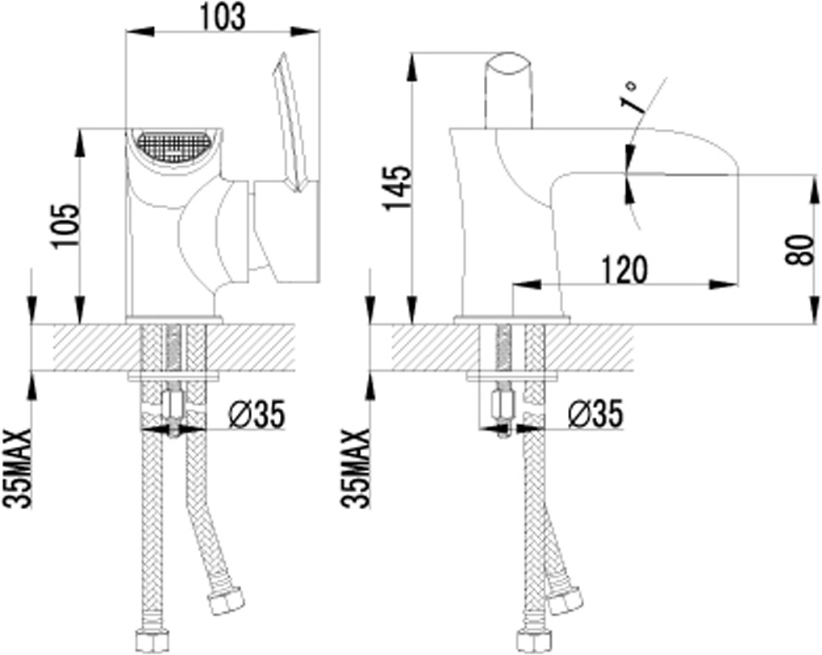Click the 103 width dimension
point(222,17)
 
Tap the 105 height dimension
point(67,225)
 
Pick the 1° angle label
point(631,96)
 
